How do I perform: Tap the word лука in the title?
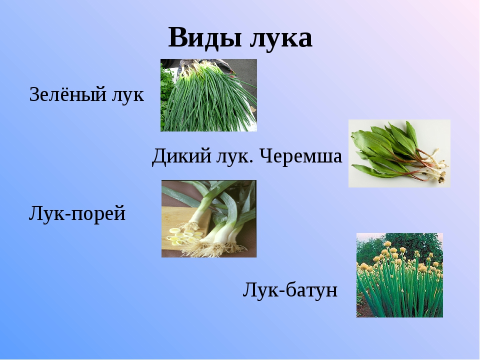[x=281, y=39]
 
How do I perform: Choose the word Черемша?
[x=300, y=156]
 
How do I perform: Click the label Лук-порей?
[x=77, y=213]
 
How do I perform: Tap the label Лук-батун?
[x=290, y=289]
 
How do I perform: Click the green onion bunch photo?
[x=208, y=95]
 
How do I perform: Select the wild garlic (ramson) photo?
[x=399, y=153]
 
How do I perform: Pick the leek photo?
[x=209, y=218]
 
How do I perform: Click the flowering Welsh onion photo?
[x=399, y=275]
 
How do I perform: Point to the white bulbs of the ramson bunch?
[x=438, y=167]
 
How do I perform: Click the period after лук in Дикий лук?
[x=251, y=162]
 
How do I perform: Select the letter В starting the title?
[x=177, y=37]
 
